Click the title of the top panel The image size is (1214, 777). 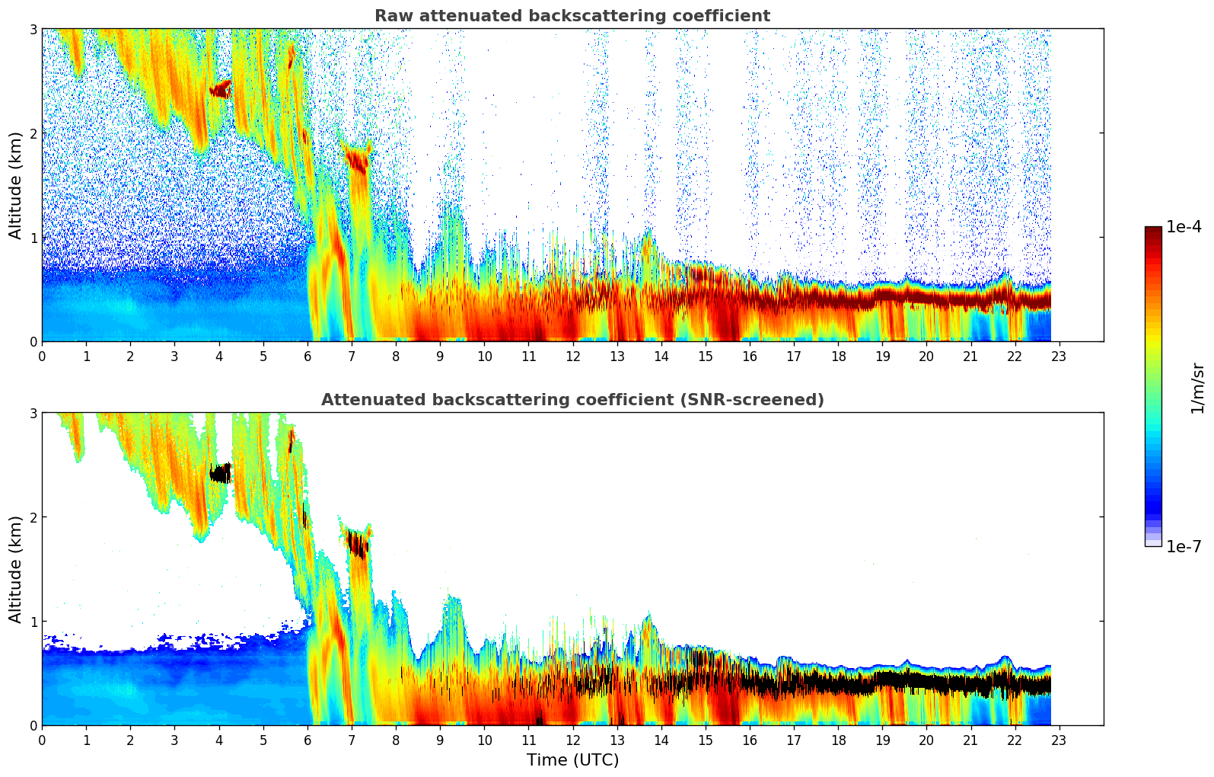tap(572, 16)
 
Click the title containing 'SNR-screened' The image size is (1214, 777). tap(572, 400)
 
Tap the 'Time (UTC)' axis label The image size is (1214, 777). tap(572, 760)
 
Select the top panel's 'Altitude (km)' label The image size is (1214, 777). tap(15, 185)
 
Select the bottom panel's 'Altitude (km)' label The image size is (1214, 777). tap(15, 569)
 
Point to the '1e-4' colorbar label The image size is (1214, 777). tap(1184, 227)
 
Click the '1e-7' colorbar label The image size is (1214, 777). tap(1184, 546)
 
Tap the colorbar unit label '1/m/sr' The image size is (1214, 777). tap(1197, 388)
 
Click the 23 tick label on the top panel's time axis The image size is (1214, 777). tap(1059, 356)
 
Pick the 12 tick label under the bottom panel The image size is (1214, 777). tap(572, 740)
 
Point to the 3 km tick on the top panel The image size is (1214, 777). tap(33, 29)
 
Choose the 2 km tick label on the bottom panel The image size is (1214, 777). tap(33, 517)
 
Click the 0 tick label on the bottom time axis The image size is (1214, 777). tap(42, 740)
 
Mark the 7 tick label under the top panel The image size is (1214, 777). tap(352, 356)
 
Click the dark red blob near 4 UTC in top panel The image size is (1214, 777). tap(221, 90)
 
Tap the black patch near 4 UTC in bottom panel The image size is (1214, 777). tap(221, 474)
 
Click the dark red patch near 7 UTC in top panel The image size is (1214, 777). tap(357, 159)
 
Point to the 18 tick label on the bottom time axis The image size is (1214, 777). tap(838, 740)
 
